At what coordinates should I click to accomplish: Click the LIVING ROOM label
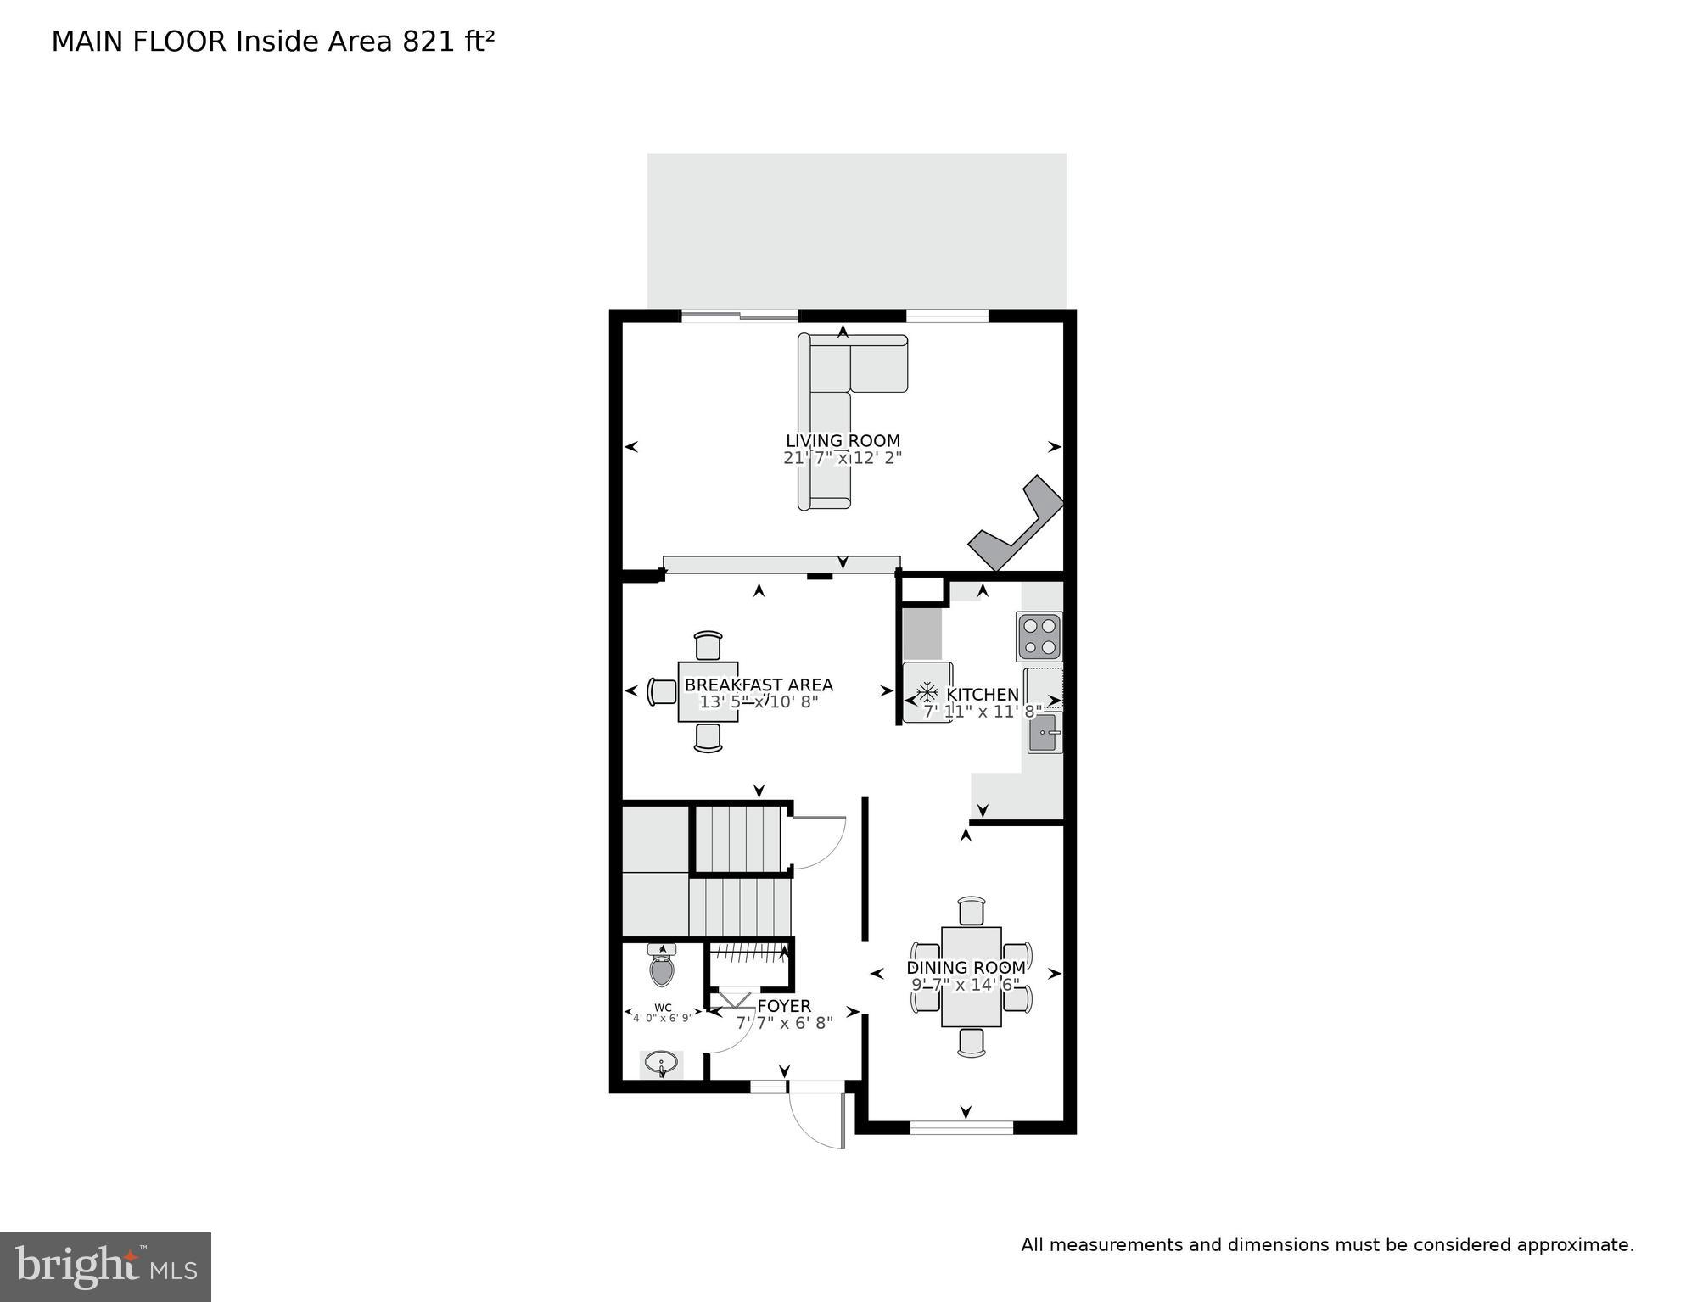pos(843,441)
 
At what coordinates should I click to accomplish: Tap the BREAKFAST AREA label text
pos(759,685)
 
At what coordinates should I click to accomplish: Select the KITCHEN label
pos(983,695)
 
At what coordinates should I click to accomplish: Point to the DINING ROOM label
pos(966,968)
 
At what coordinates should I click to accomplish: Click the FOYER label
pos(784,1006)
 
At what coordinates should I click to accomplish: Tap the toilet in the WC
pos(662,967)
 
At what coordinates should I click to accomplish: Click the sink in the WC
pos(661,1062)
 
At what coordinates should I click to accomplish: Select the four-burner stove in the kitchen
pos(1039,636)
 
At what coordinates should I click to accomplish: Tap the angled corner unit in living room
pos(1017,526)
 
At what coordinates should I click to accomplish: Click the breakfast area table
pos(708,692)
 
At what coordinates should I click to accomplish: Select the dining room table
pos(971,976)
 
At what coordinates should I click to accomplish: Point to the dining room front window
pos(961,1127)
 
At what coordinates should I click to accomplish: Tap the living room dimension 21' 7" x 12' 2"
pos(843,458)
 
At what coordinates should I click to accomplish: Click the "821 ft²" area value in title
pos(448,42)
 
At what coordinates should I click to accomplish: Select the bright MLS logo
pos(105,1267)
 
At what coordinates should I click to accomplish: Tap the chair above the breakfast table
pos(708,645)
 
